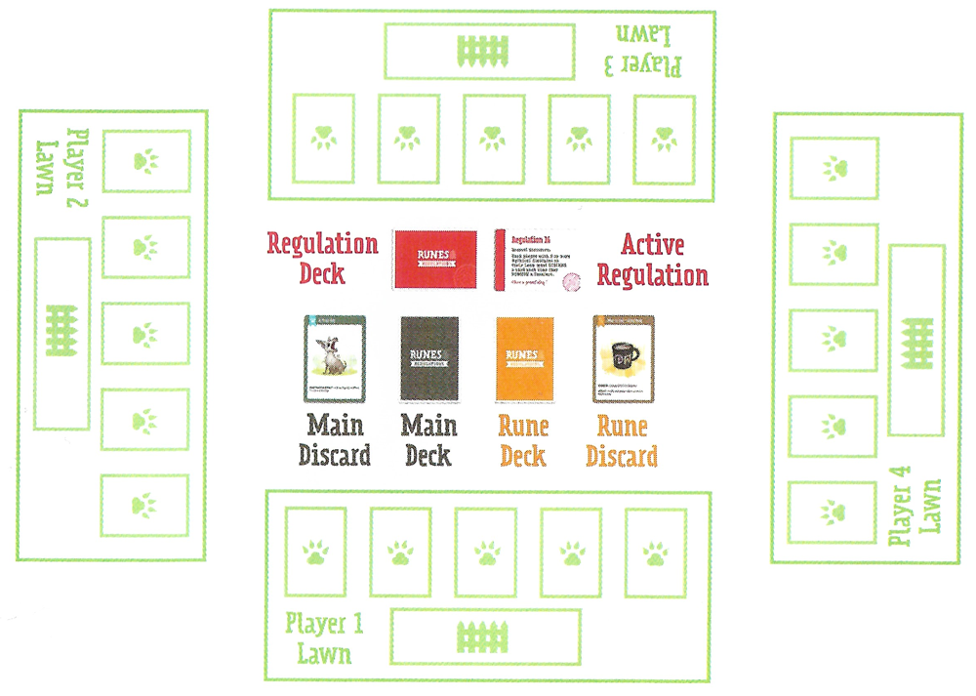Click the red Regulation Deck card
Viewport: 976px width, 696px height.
coord(433,259)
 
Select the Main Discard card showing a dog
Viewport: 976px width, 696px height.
coord(335,358)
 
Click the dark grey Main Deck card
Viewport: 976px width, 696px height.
coord(429,358)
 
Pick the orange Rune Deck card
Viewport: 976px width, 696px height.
coord(524,358)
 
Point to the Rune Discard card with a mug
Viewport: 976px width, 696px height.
coord(624,358)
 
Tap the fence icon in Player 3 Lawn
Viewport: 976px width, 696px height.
coord(478,50)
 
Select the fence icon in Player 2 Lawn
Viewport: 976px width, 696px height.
coord(61,333)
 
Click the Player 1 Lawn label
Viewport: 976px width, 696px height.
coord(318,637)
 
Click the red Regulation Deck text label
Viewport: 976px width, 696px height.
coord(322,258)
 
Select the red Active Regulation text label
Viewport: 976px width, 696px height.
coord(652,261)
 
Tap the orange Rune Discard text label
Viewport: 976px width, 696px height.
coord(622,441)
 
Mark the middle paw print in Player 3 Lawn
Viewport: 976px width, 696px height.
coord(493,138)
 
